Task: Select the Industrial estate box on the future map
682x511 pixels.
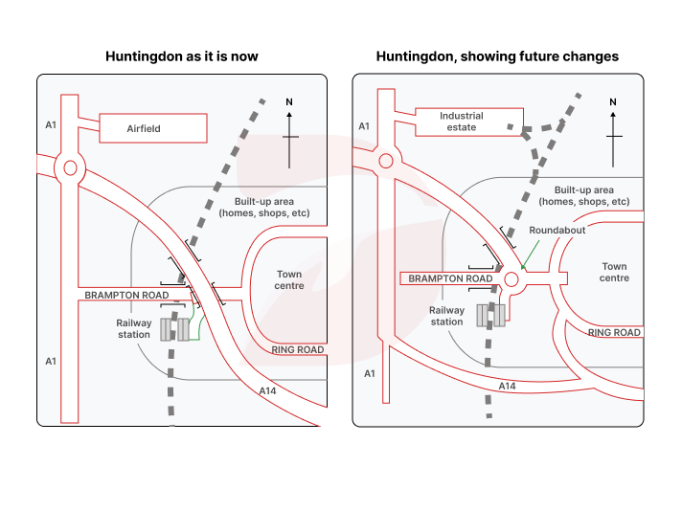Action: pyautogui.click(x=462, y=122)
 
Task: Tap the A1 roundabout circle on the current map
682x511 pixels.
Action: pyautogui.click(x=70, y=167)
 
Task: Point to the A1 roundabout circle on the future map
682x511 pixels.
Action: pyautogui.click(x=386, y=162)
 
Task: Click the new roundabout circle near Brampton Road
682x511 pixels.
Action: pyautogui.click(x=511, y=279)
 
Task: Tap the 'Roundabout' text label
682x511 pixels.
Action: pyautogui.click(x=557, y=231)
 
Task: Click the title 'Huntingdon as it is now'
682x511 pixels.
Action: pyautogui.click(x=181, y=56)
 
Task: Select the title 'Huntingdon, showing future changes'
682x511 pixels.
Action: pyautogui.click(x=497, y=56)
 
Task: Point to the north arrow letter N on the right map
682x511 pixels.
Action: pyautogui.click(x=613, y=101)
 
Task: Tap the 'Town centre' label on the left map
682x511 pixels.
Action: pyautogui.click(x=289, y=279)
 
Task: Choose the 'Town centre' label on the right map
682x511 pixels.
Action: pyautogui.click(x=614, y=272)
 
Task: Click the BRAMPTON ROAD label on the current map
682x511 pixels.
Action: pyautogui.click(x=126, y=296)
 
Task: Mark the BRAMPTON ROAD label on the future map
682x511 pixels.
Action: pyautogui.click(x=450, y=279)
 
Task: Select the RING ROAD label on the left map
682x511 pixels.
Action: pyautogui.click(x=298, y=350)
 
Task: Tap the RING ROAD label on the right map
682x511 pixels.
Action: pyautogui.click(x=614, y=333)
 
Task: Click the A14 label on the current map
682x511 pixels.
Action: pyautogui.click(x=269, y=390)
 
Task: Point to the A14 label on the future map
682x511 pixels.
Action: pyautogui.click(x=508, y=386)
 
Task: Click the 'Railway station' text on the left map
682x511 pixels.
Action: pyautogui.click(x=134, y=328)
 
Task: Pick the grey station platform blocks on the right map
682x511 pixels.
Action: pyautogui.click(x=490, y=317)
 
